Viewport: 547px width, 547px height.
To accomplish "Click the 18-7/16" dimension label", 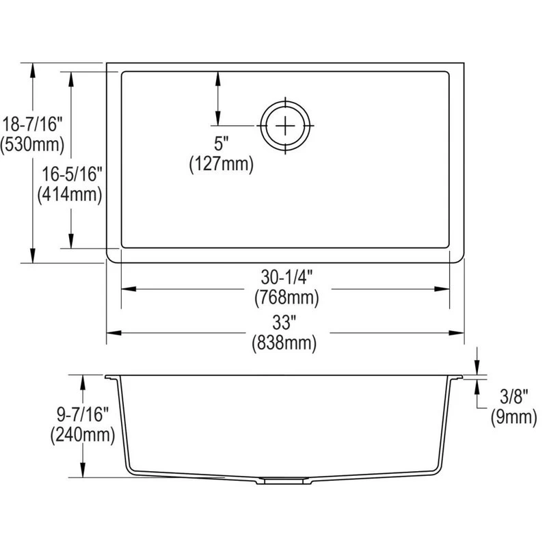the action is [x=32, y=124].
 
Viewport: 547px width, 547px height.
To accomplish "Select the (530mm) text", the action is [x=32, y=144].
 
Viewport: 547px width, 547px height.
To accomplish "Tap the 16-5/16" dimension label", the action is [x=72, y=174].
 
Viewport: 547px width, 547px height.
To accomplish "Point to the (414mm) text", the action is [x=70, y=194].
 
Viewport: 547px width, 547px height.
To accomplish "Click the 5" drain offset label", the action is [x=221, y=143].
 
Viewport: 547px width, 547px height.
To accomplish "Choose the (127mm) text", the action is [x=221, y=163].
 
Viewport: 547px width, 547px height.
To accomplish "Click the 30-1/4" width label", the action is [x=286, y=278].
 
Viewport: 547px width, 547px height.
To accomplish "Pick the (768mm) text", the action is [x=286, y=297].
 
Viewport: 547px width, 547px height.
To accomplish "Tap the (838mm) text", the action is [x=284, y=343].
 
